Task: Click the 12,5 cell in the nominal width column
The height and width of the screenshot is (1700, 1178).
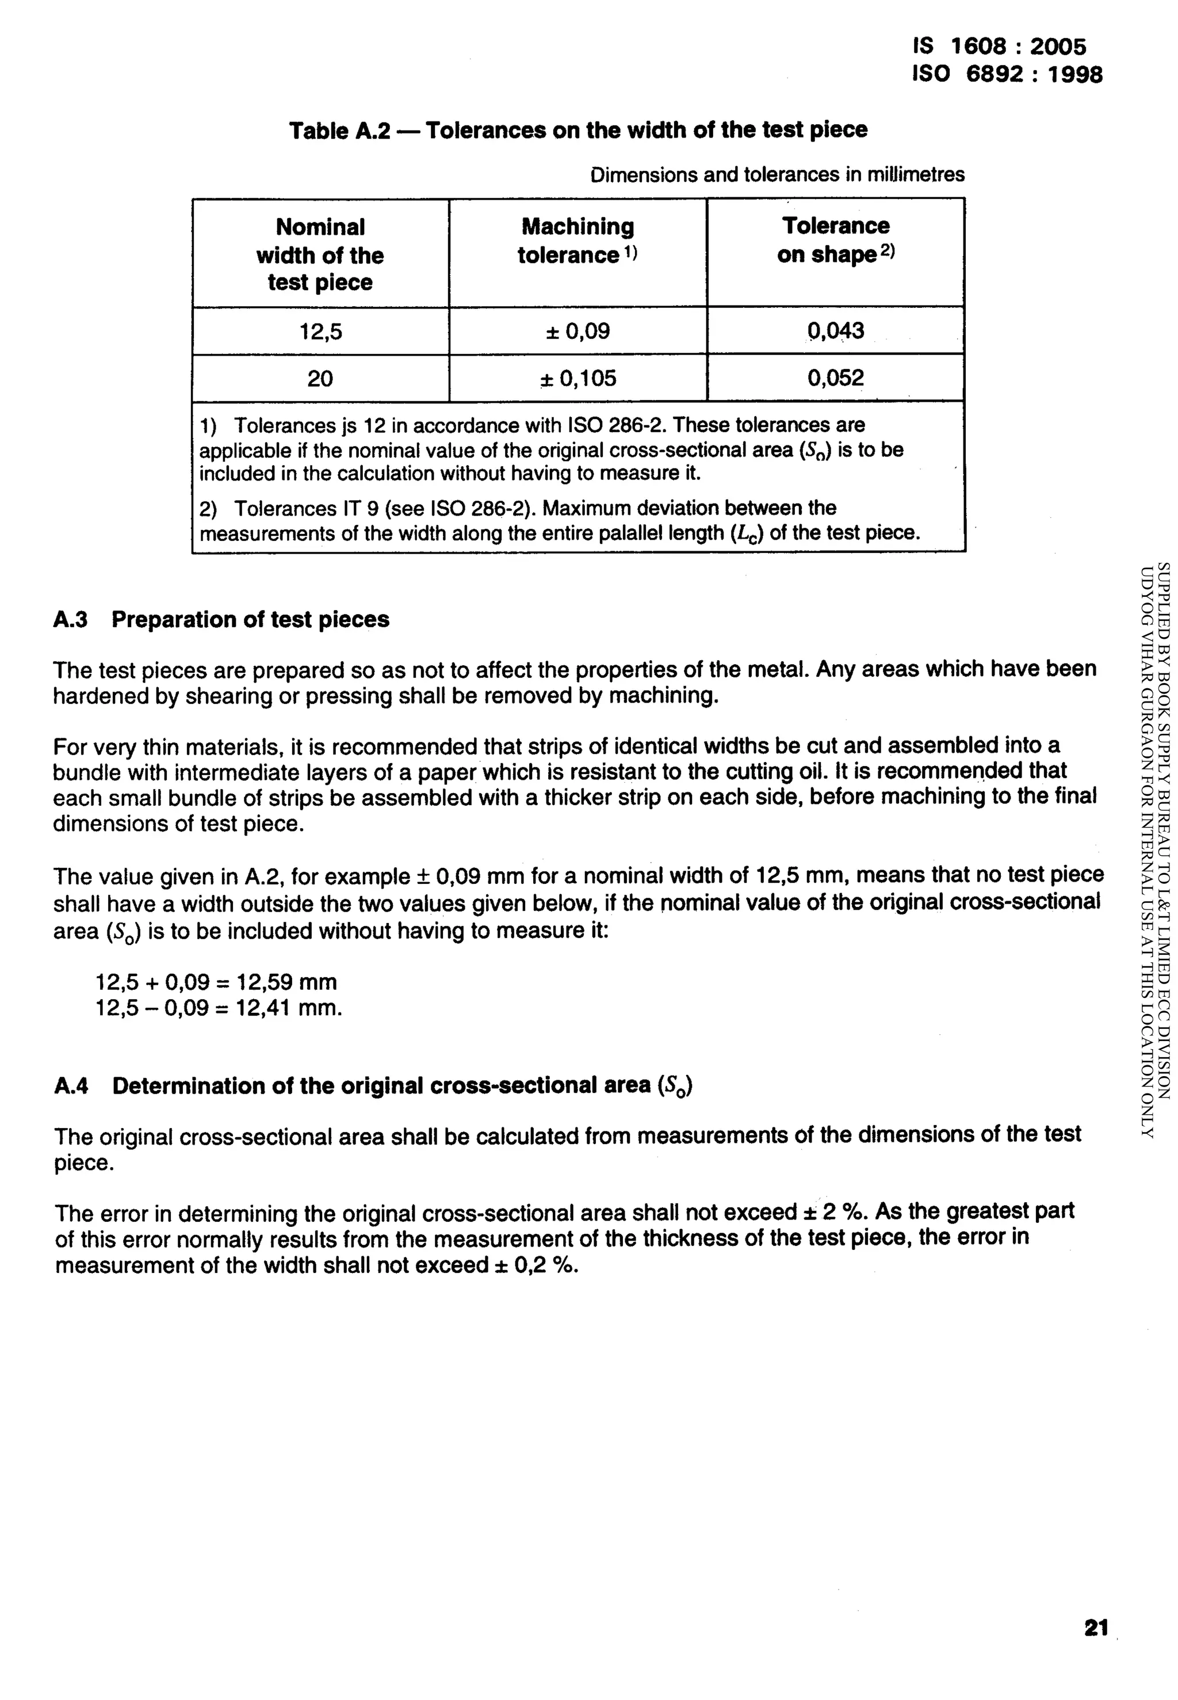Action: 320,331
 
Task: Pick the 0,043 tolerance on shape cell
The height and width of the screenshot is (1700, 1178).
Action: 836,330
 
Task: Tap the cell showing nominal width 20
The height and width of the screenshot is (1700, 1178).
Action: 320,379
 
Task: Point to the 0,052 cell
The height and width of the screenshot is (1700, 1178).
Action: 836,378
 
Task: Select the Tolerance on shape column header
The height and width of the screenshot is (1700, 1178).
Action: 836,240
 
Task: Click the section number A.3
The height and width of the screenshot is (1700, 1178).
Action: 70,620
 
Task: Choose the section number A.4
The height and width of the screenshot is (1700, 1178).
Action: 71,1087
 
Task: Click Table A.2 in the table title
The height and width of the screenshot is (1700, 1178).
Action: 339,131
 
